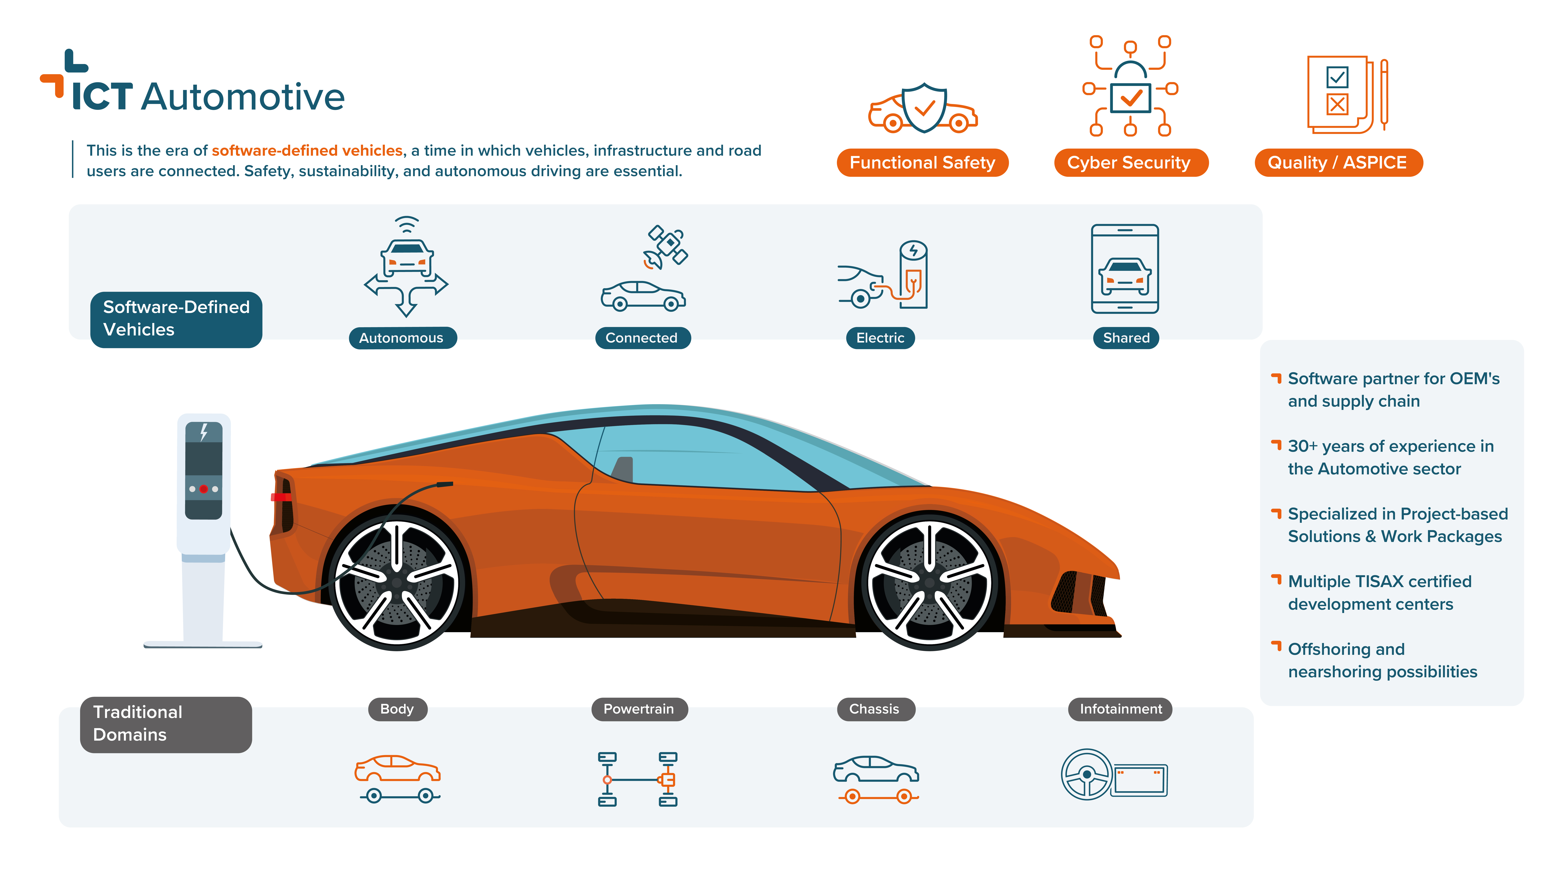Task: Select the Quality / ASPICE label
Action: click(x=1338, y=163)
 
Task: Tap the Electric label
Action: click(x=880, y=338)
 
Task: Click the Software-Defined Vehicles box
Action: click(x=176, y=320)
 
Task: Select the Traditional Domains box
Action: click(x=166, y=724)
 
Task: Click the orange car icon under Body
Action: click(x=398, y=769)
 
